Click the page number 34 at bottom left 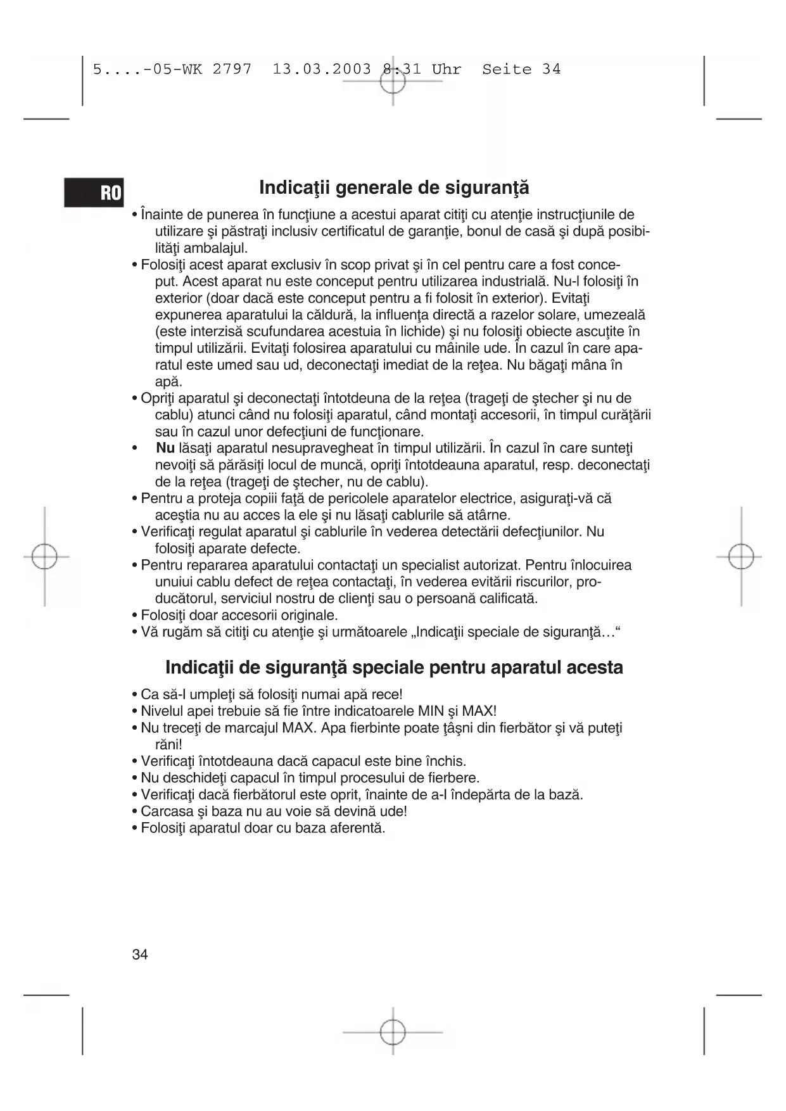point(140,955)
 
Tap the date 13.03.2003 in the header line point(322,70)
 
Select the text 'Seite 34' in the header point(521,70)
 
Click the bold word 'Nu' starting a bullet point(165,448)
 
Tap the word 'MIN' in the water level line point(431,711)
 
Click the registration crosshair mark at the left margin point(44,557)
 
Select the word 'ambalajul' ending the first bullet point(215,248)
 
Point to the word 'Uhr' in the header point(447,70)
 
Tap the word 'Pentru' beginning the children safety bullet point(162,498)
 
